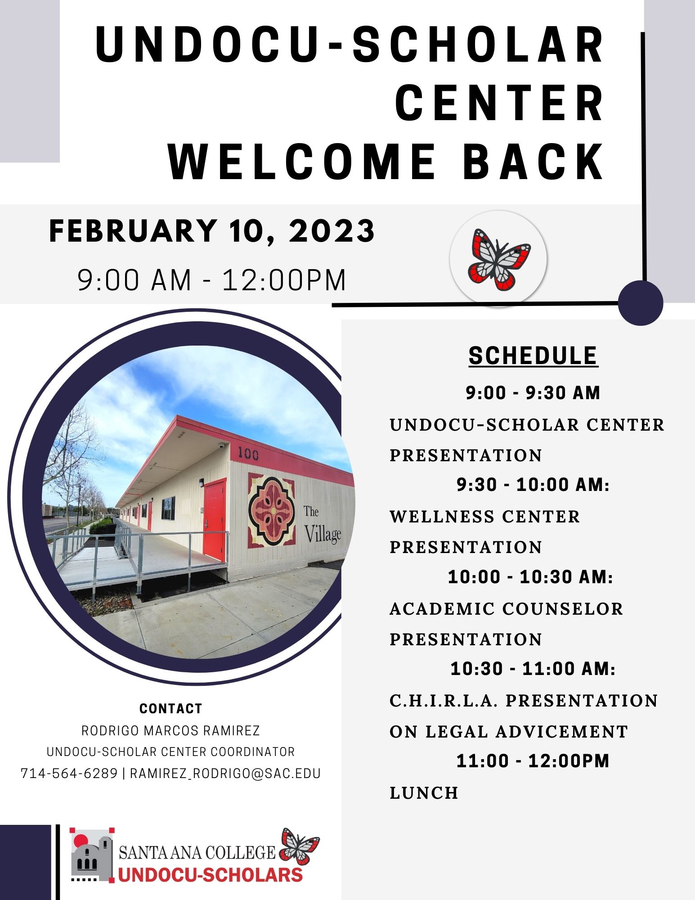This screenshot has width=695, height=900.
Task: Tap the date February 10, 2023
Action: (x=212, y=231)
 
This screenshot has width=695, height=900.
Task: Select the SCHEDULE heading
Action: (x=533, y=355)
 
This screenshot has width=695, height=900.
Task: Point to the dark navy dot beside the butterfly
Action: (x=641, y=302)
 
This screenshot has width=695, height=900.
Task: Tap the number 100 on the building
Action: (x=248, y=453)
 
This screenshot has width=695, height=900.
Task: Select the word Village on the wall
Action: (x=323, y=534)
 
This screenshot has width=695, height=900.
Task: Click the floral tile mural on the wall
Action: (x=271, y=510)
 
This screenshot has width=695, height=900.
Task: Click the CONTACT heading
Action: (x=171, y=709)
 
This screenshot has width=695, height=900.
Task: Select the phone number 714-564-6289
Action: (x=69, y=774)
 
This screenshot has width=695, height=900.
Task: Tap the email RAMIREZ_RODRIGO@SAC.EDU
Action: (x=225, y=774)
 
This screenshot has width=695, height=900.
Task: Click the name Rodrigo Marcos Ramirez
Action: (x=171, y=730)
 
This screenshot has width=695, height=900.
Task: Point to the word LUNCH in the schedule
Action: (x=424, y=793)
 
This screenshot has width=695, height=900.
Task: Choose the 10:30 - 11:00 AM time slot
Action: (x=533, y=669)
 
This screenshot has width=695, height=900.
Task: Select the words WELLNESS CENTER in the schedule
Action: (x=485, y=517)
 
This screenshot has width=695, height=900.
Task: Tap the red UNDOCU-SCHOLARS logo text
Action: (x=211, y=875)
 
